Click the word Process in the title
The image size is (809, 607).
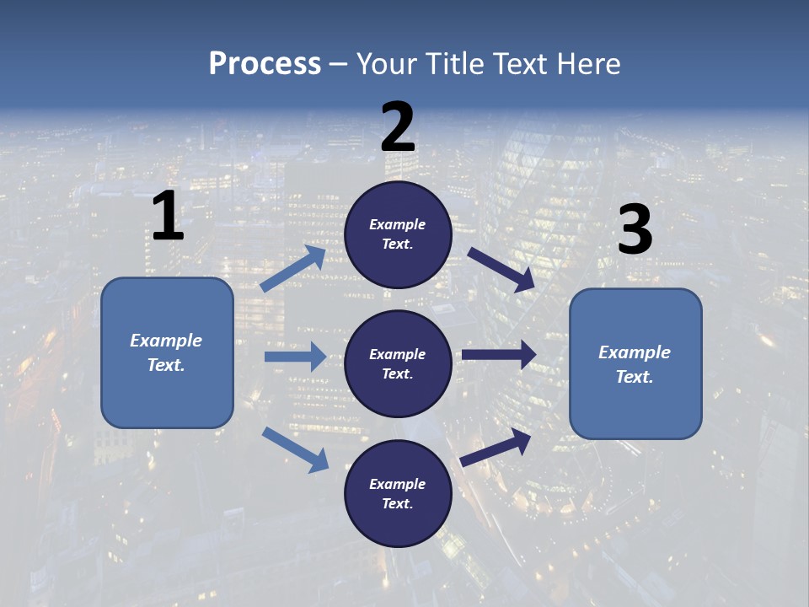[265, 64]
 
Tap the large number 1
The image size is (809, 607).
[168, 216]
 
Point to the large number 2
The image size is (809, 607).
[398, 127]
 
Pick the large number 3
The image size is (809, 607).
[635, 230]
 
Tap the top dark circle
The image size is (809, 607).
[399, 235]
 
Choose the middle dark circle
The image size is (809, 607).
[399, 364]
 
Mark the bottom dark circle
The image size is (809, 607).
[399, 494]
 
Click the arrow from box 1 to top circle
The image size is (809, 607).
[293, 269]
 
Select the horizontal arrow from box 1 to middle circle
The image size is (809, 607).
[295, 357]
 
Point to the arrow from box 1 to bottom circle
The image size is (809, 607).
[296, 449]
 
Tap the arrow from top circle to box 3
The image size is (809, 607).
[501, 270]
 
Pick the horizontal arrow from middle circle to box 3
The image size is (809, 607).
[499, 354]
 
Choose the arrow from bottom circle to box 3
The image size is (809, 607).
[496, 447]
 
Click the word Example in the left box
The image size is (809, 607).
[166, 341]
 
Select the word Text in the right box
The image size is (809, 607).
[633, 377]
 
